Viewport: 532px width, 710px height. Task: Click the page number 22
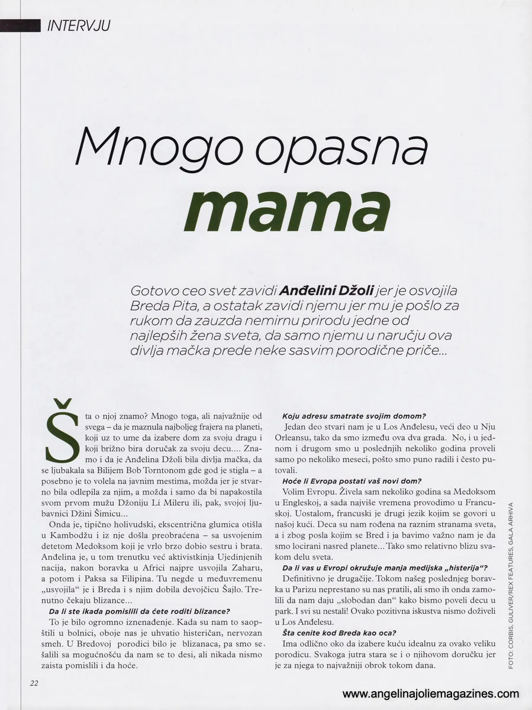34,683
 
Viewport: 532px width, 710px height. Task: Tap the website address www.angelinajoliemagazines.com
431,694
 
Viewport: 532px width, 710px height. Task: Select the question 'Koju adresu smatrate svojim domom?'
354,416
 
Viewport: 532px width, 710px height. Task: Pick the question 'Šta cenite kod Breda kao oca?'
339,633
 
